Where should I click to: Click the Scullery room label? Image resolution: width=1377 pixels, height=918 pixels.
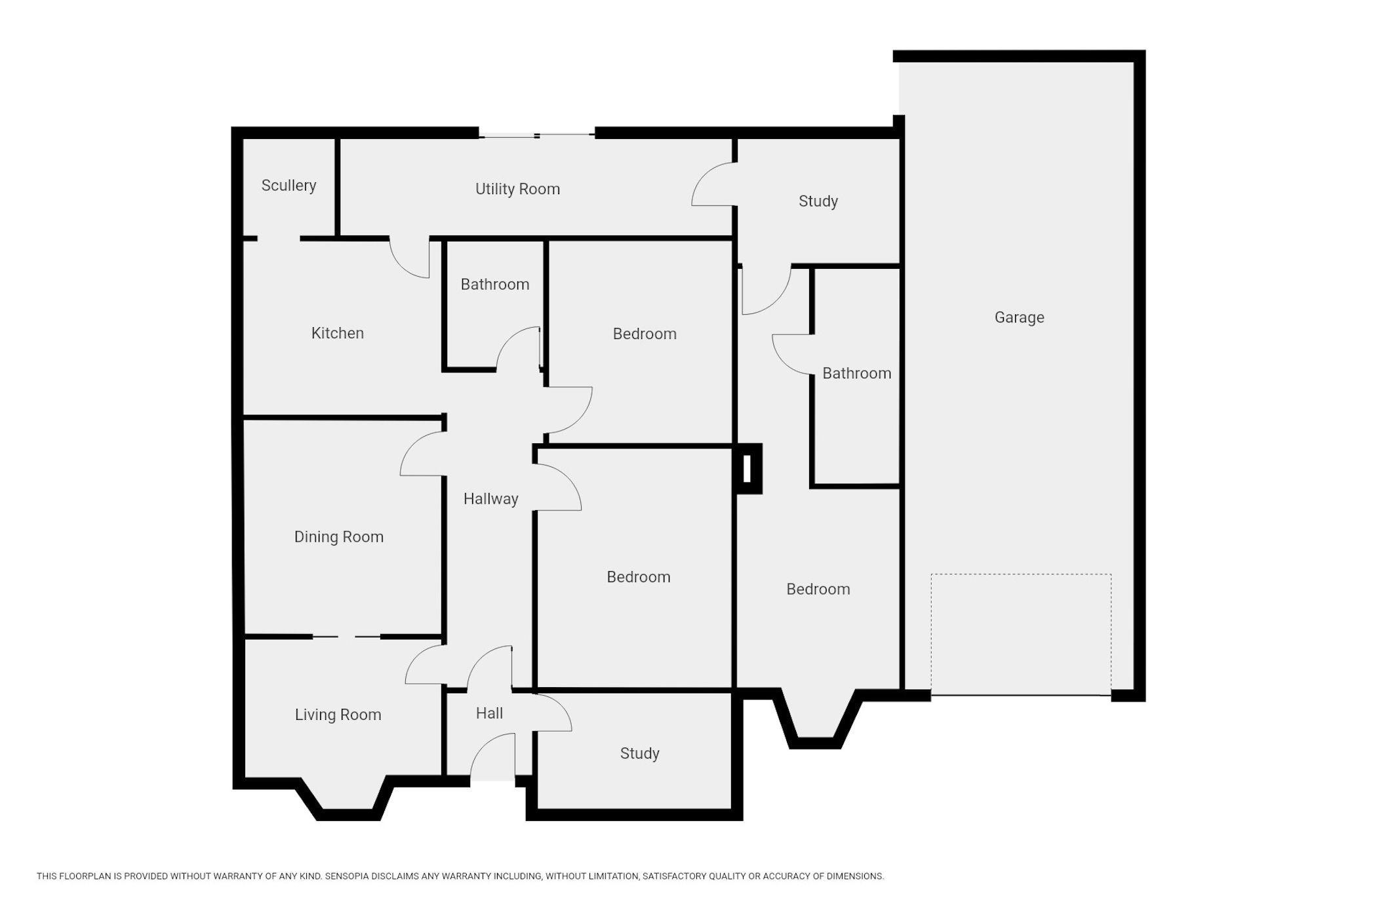click(x=289, y=186)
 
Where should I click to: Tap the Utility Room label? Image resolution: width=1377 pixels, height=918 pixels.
click(x=517, y=190)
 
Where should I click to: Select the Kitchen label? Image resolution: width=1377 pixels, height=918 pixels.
click(x=337, y=333)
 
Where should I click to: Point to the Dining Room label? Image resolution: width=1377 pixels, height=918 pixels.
click(x=338, y=537)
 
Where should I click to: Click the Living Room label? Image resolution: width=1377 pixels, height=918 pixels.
click(x=338, y=715)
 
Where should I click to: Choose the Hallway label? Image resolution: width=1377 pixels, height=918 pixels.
click(x=490, y=499)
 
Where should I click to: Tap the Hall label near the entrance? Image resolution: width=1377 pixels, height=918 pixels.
click(x=489, y=713)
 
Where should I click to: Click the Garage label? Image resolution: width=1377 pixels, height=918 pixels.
click(x=1019, y=317)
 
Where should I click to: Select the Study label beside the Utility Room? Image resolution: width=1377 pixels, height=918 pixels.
click(x=818, y=201)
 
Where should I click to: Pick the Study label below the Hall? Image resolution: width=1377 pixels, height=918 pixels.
click(x=639, y=753)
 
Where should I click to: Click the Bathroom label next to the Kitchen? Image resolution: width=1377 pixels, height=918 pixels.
click(x=494, y=285)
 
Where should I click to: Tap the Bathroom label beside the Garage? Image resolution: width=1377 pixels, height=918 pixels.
click(x=856, y=374)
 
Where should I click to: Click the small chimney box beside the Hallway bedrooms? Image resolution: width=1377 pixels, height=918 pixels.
click(x=748, y=469)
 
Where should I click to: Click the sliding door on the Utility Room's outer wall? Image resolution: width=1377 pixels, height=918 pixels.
click(x=537, y=136)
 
